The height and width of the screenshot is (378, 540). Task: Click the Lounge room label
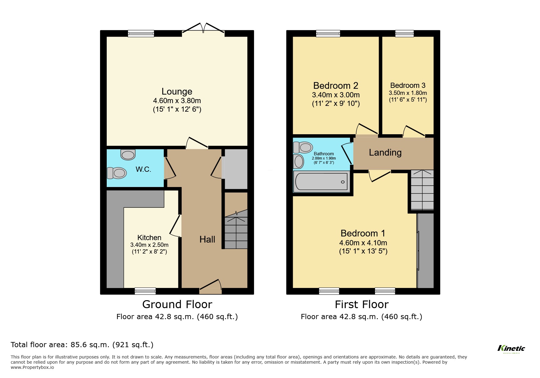click(177, 92)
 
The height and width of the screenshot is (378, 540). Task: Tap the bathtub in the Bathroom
click(322, 182)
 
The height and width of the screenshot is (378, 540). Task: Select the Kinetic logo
click(511, 348)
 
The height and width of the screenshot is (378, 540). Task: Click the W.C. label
click(143, 169)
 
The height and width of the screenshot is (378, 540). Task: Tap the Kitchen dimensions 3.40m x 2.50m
click(149, 245)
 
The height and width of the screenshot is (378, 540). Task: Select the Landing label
click(385, 153)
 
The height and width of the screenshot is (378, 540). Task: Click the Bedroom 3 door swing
click(413, 131)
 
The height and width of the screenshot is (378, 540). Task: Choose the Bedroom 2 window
click(328, 34)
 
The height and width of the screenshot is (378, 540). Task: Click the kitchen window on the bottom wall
click(145, 291)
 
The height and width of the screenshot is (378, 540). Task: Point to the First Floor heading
click(361, 304)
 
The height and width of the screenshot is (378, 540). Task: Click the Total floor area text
click(82, 345)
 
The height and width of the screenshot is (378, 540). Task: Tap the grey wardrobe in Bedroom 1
click(425, 250)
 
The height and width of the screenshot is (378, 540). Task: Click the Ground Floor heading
click(177, 304)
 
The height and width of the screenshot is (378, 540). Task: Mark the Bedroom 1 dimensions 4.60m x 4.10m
click(363, 243)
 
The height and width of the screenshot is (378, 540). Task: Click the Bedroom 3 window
click(404, 34)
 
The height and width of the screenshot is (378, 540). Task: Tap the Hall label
click(207, 239)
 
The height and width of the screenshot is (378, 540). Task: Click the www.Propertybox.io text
click(32, 367)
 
